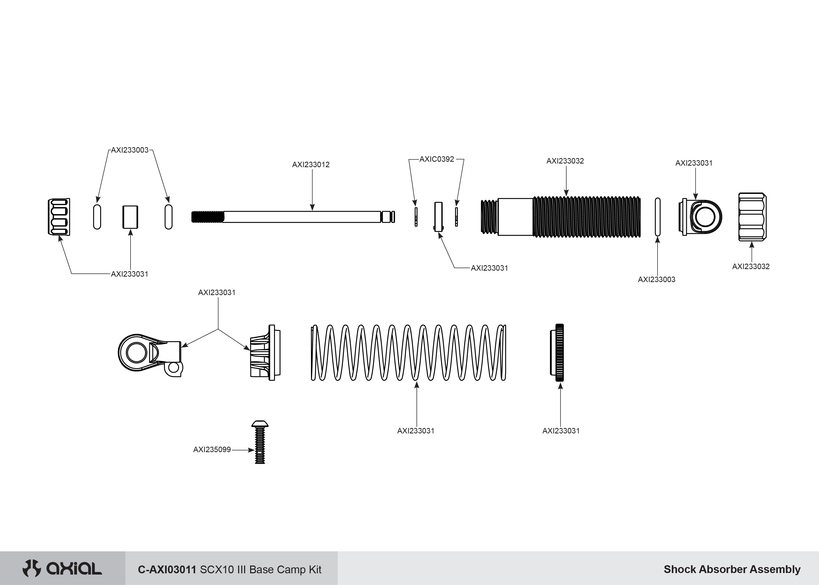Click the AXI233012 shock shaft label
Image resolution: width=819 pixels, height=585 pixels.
(x=311, y=165)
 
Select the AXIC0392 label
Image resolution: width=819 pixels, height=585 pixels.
(x=437, y=159)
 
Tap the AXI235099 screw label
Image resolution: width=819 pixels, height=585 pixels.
(x=212, y=450)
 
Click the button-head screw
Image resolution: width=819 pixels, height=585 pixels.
(x=260, y=442)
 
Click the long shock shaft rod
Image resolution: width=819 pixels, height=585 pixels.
(x=302, y=217)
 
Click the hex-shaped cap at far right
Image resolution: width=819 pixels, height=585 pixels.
(x=752, y=217)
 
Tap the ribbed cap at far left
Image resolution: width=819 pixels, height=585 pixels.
(x=59, y=217)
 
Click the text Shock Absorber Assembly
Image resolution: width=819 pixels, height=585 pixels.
(x=732, y=569)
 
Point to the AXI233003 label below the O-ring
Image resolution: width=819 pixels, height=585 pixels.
(x=656, y=279)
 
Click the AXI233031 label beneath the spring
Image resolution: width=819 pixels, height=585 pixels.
(x=416, y=431)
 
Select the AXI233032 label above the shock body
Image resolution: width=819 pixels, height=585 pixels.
(x=565, y=161)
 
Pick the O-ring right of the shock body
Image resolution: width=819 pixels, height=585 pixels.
(x=658, y=217)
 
